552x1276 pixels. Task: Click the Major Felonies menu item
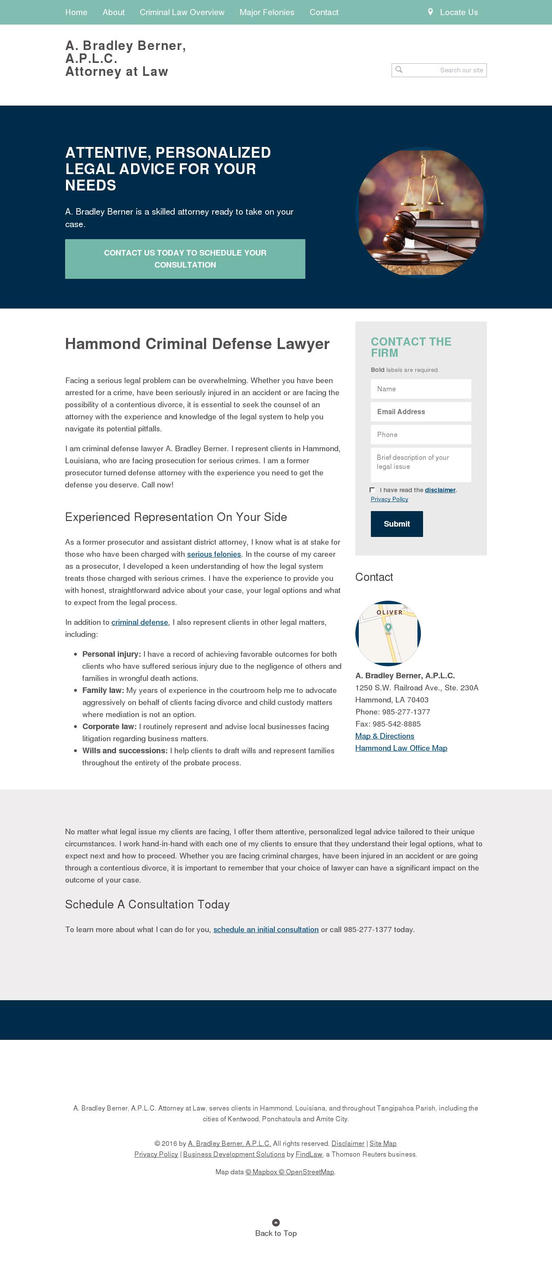tap(267, 12)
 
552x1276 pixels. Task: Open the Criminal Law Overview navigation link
tap(182, 12)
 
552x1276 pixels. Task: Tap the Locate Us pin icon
tap(430, 12)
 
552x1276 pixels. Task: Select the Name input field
tap(421, 389)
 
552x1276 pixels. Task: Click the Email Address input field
tap(421, 412)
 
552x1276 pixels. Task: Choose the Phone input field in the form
tap(421, 434)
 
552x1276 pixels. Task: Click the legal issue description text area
tap(421, 465)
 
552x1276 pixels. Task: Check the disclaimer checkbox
tap(372, 490)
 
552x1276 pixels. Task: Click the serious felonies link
tap(213, 554)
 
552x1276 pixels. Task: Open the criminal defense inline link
tap(140, 623)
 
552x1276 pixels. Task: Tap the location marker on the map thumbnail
tap(389, 627)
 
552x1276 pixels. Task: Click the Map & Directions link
tap(385, 736)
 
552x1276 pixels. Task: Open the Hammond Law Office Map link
tap(401, 748)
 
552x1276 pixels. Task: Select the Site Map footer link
tap(383, 1143)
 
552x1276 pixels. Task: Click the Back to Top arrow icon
tap(276, 1222)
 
